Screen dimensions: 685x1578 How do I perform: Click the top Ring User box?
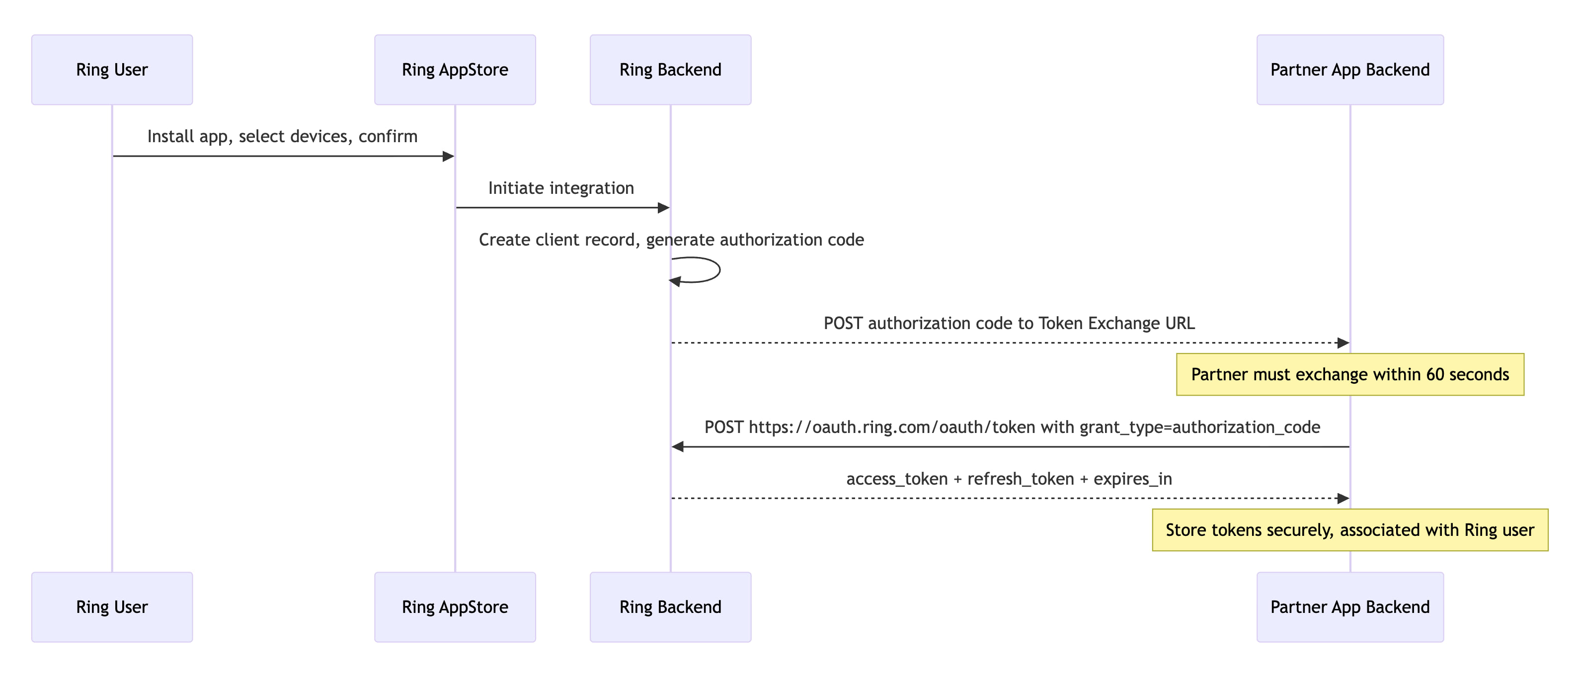click(x=112, y=70)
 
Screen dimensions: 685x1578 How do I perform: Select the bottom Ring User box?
click(x=112, y=607)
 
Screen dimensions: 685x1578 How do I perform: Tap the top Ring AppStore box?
click(x=455, y=70)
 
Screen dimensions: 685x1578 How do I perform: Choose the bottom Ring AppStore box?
click(x=455, y=607)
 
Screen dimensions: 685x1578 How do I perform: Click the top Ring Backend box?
click(x=670, y=70)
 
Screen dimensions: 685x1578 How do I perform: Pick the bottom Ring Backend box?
click(x=670, y=607)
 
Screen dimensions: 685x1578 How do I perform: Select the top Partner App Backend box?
click(x=1349, y=70)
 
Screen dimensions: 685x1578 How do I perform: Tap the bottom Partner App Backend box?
click(x=1349, y=607)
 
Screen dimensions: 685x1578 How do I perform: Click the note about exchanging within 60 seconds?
click(x=1349, y=374)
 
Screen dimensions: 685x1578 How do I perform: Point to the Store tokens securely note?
click(x=1349, y=530)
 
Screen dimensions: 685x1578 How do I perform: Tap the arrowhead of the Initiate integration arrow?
click(x=663, y=208)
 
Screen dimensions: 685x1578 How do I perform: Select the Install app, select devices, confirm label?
click(x=282, y=136)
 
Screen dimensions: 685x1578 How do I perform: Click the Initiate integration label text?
click(x=560, y=188)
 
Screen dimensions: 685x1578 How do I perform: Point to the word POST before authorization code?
click(x=843, y=324)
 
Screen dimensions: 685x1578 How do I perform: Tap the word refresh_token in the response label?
click(x=1021, y=479)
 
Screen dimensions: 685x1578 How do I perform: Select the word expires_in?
click(x=1133, y=479)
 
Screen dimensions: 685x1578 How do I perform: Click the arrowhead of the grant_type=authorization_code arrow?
click(x=678, y=447)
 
